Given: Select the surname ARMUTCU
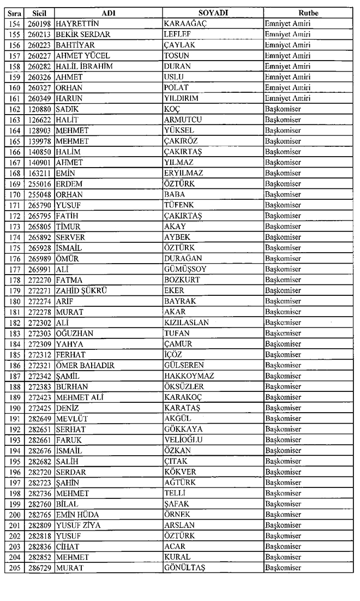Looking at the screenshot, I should [184, 120].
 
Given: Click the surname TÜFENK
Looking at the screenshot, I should [179, 205].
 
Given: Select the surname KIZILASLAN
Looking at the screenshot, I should [187, 323].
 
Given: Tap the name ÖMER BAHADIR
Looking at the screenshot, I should [85, 365].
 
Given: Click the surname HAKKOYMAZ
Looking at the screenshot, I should [189, 376].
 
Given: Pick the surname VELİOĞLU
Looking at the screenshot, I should [183, 440].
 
